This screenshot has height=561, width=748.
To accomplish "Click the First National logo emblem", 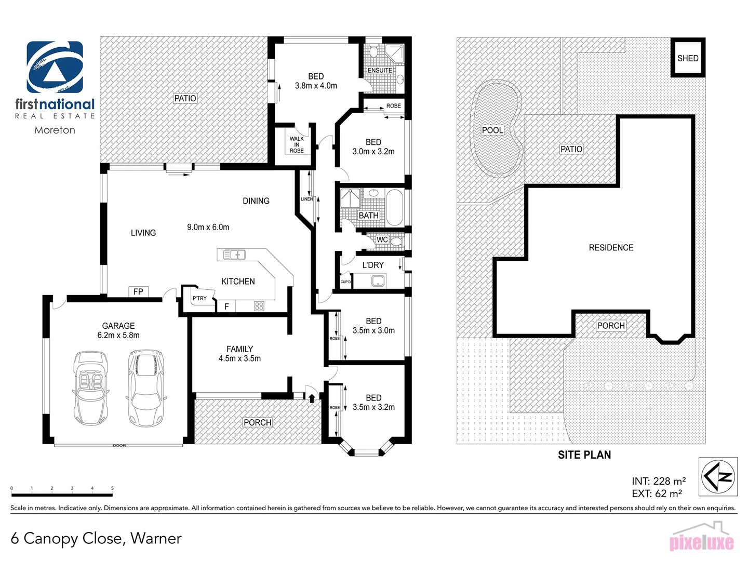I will [x=55, y=67].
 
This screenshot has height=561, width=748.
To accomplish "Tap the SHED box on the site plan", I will [x=688, y=58].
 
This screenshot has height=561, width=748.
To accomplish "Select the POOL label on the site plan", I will [x=492, y=130].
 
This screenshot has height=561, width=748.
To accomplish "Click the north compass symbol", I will [x=718, y=476].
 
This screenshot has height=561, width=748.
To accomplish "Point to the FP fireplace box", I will [x=138, y=291].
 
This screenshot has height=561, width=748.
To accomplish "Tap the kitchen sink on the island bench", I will [x=234, y=255].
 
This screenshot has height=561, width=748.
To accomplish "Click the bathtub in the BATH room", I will [x=394, y=208].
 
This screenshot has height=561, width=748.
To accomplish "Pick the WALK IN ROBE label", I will [x=297, y=144].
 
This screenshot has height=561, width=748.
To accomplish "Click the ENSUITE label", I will [x=380, y=70].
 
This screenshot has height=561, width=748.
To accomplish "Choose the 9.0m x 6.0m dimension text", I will [x=208, y=227].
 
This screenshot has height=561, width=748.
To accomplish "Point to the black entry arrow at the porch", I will [x=312, y=398].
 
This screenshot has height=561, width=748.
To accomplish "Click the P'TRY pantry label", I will [x=199, y=298].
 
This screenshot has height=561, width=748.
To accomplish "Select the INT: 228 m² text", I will [x=658, y=481].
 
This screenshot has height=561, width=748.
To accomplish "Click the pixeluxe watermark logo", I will [x=701, y=540].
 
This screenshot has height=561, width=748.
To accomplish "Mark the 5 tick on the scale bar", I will [x=112, y=488].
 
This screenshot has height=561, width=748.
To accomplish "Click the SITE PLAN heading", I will [x=584, y=455].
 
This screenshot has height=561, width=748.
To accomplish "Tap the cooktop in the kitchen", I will [x=259, y=306].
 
